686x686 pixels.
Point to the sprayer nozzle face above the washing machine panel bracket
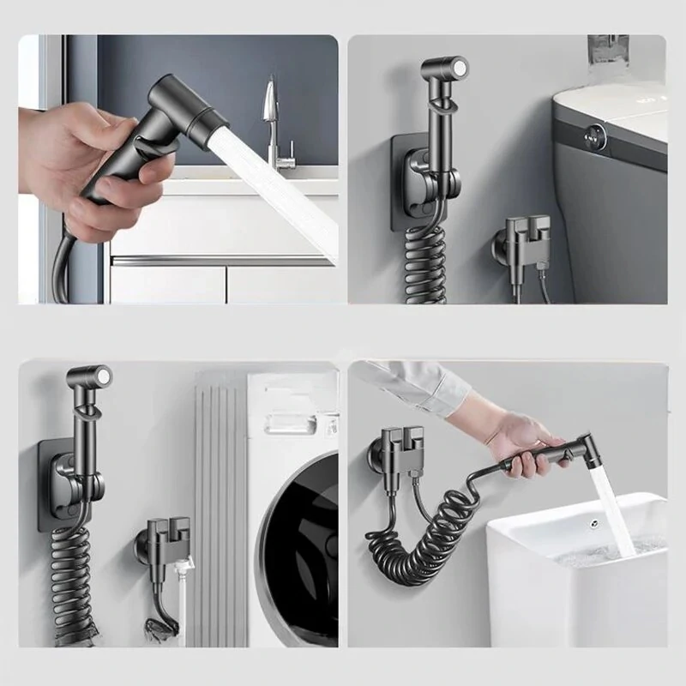click(102, 376)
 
